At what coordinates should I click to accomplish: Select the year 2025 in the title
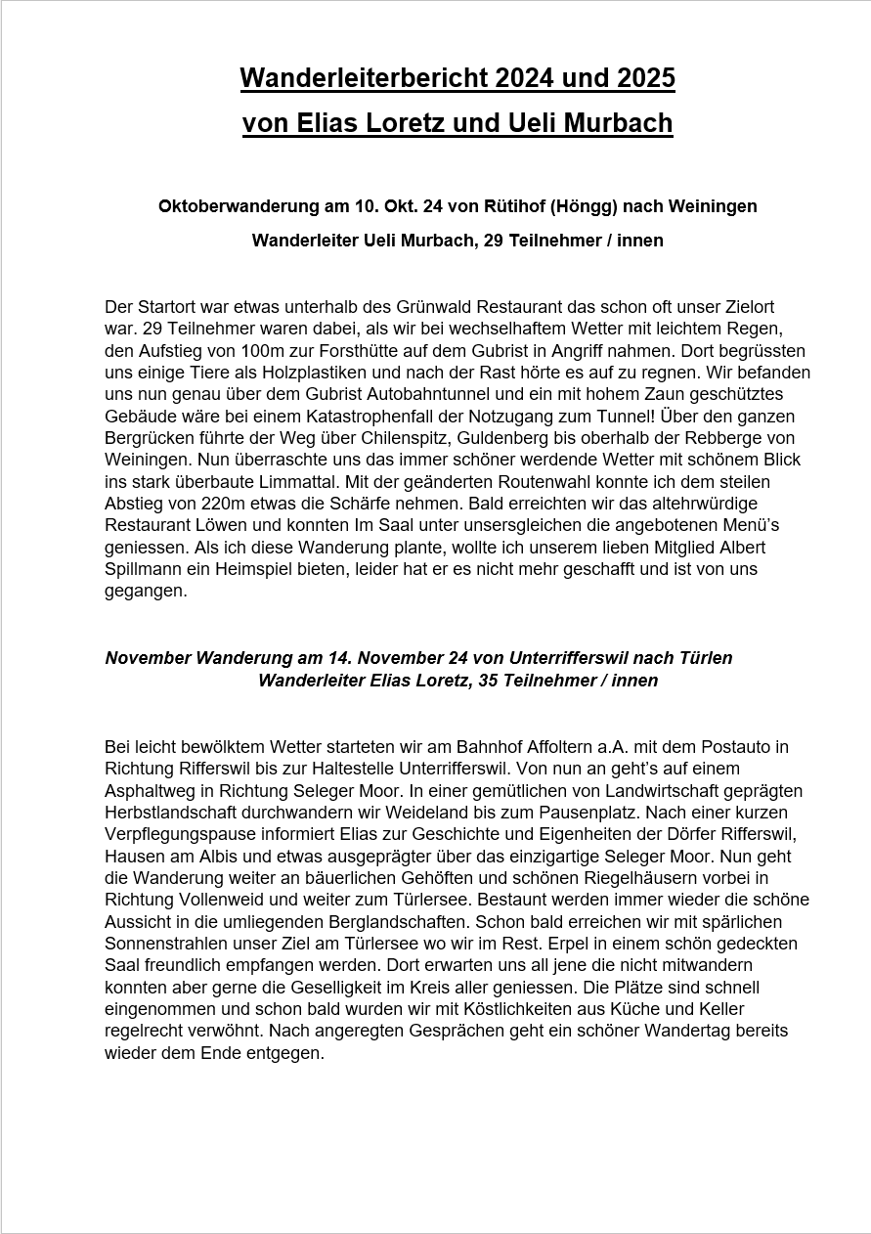coord(645,77)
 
